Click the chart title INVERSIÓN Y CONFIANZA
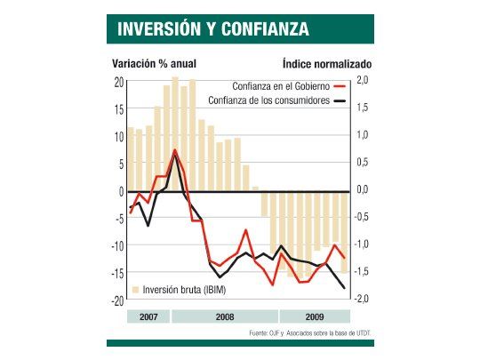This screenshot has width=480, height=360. [x=213, y=28]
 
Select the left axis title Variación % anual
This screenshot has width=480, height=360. [x=153, y=64]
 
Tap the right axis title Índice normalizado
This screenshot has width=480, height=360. [x=326, y=64]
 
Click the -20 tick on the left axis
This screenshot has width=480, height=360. [x=116, y=300]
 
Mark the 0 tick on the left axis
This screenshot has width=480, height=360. [x=120, y=191]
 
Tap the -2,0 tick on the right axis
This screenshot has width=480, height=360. [x=360, y=300]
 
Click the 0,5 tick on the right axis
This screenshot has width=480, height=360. [x=362, y=164]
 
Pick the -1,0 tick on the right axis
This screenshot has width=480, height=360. [x=360, y=245]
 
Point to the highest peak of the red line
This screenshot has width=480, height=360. [x=175, y=149]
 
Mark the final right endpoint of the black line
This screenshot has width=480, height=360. [x=345, y=287]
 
